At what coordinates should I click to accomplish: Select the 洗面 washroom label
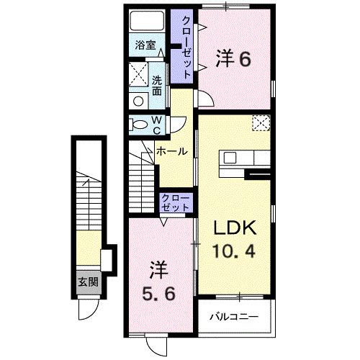157,85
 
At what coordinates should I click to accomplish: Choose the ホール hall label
172,151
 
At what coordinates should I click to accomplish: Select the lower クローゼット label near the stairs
176,202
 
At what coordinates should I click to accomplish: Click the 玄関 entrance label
89,281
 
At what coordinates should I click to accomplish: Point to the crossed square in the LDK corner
259,123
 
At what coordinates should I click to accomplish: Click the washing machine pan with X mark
138,73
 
